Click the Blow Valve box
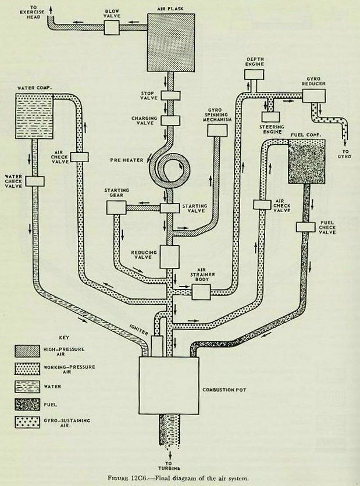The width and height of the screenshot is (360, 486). (x=112, y=27)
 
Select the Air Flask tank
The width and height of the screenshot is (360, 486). (x=172, y=42)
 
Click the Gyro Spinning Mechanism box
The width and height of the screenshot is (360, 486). (x=216, y=131)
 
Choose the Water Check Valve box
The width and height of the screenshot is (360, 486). (x=35, y=181)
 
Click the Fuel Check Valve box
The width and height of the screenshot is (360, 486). (x=305, y=227)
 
